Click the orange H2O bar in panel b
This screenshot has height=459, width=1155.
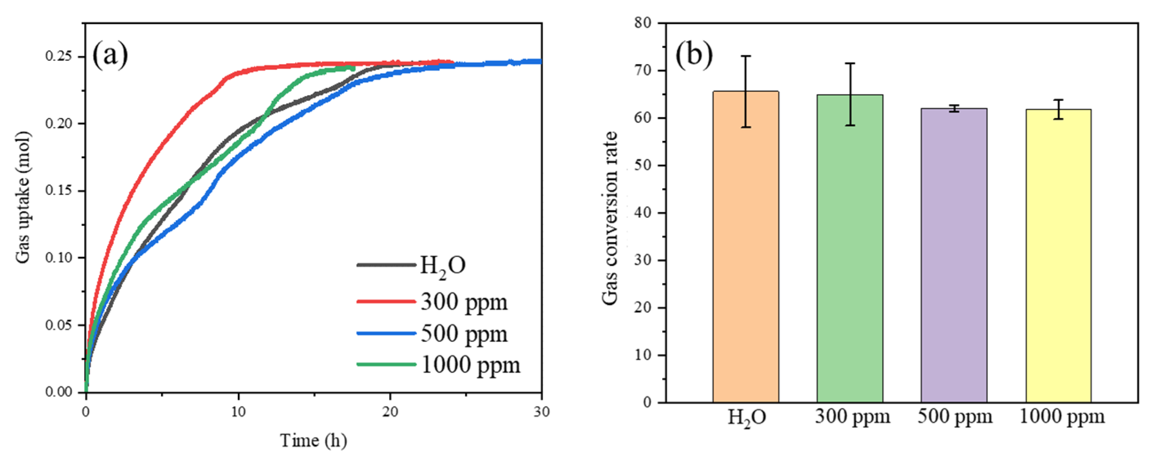[745, 251]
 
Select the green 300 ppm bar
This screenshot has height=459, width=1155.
[850, 251]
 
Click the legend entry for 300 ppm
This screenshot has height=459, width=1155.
[463, 302]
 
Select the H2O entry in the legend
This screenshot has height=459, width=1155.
[442, 266]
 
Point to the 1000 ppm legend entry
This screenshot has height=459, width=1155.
[470, 365]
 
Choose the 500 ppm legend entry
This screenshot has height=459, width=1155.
[463, 334]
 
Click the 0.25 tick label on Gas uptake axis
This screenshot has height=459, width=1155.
[59, 57]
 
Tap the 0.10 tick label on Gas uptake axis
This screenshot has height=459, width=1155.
[59, 258]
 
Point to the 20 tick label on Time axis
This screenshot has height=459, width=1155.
[390, 412]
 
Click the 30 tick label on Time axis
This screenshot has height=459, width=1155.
[542, 412]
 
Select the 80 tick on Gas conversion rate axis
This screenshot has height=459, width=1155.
[642, 23]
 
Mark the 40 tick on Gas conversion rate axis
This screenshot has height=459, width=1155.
[642, 213]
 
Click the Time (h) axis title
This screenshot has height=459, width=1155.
[313, 441]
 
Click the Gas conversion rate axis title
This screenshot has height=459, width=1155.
[610, 218]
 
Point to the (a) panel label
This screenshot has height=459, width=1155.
[110, 55]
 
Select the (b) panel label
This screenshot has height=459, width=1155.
[694, 55]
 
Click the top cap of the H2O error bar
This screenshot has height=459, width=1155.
[745, 56]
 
